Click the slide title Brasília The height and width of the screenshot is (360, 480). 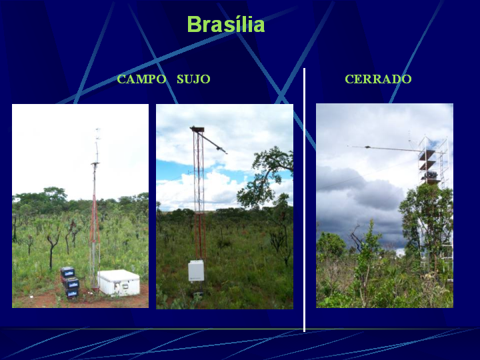click(x=225, y=24)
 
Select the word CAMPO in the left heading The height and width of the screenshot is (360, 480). click(x=141, y=79)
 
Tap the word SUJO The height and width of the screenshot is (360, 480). click(x=193, y=79)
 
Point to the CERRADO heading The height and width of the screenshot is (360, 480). click(x=378, y=79)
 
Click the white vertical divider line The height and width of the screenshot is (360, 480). click(x=304, y=199)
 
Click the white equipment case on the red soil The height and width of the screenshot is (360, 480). click(x=119, y=283)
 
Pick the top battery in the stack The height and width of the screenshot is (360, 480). click(x=67, y=272)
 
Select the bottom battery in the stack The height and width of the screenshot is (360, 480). click(x=72, y=293)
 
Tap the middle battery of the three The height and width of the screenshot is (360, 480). click(x=71, y=283)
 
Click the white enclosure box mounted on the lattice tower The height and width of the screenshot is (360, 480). click(x=196, y=271)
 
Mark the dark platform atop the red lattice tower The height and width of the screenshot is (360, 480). click(x=197, y=129)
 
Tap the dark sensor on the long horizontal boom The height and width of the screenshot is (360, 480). click(x=367, y=147)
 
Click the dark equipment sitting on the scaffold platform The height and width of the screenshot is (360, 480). click(x=430, y=175)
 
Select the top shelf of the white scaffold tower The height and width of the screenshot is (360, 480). click(x=427, y=152)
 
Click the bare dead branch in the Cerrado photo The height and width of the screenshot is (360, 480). click(x=356, y=236)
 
